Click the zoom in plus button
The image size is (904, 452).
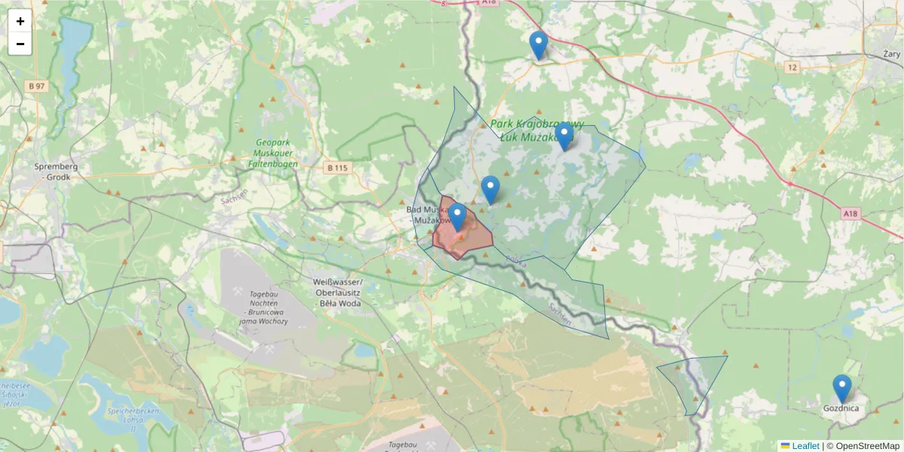click(x=20, y=21)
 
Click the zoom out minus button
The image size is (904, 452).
click(x=20, y=44)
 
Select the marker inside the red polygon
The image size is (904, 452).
click(x=457, y=218)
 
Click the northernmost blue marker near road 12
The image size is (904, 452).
click(x=538, y=45)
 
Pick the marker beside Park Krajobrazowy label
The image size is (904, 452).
click(x=563, y=136)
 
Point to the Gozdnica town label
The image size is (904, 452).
click(x=841, y=408)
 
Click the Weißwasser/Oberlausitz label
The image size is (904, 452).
click(x=337, y=292)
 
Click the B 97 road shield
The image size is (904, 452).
click(x=36, y=86)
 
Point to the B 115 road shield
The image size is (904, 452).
click(x=338, y=168)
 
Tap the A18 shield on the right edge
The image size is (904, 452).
click(x=850, y=214)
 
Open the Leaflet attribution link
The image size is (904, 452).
click(x=805, y=446)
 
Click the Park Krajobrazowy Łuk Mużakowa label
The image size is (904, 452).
click(x=536, y=130)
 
